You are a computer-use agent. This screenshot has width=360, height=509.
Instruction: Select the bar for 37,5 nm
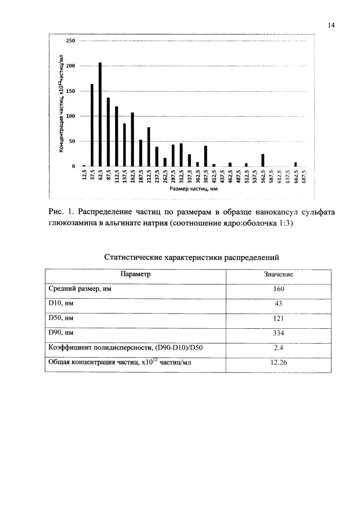click(92, 125)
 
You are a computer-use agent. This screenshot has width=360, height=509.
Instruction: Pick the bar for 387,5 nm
click(206, 156)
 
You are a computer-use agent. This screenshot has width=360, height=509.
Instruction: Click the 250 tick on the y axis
click(71, 41)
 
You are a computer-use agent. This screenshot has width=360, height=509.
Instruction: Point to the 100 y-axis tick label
click(71, 116)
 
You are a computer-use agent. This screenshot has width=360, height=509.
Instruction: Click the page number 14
click(331, 25)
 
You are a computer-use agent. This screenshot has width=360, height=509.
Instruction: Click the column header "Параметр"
click(135, 274)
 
